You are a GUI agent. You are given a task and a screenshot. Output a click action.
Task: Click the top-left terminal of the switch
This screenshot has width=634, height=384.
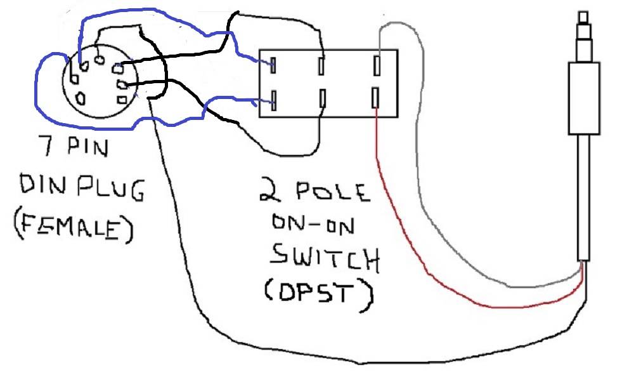274,65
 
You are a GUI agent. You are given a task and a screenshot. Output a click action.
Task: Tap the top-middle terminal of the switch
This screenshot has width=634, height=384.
323,65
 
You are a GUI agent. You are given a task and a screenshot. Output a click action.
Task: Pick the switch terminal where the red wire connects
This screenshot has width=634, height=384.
376,98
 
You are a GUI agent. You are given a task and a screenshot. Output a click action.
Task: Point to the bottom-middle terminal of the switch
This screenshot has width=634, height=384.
323,98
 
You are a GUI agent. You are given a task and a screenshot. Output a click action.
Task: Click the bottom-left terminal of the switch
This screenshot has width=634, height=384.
274,98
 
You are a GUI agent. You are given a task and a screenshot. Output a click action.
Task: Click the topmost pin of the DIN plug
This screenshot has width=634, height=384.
100,60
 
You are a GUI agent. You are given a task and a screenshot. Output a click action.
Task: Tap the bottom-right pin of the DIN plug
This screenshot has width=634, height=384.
121,98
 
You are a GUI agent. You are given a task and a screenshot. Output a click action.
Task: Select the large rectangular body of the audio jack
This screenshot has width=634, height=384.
583,95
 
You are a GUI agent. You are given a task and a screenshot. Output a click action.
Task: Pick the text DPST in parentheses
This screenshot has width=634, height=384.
317,291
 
